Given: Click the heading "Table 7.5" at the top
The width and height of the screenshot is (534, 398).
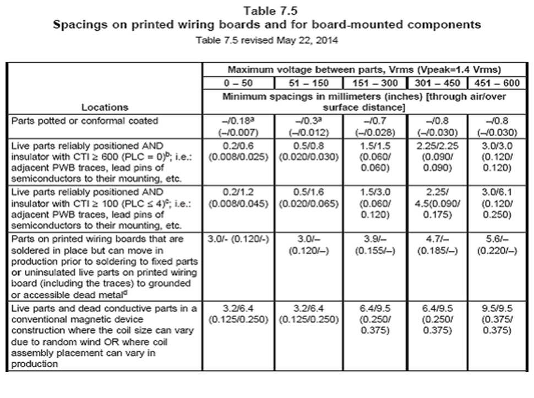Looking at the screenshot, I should pos(267,10).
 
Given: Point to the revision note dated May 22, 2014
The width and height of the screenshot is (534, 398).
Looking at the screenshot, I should pos(267,40).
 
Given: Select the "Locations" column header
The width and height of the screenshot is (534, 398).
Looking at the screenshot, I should pos(105,107).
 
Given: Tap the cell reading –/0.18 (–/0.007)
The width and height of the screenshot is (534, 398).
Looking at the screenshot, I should pos(238,126).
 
